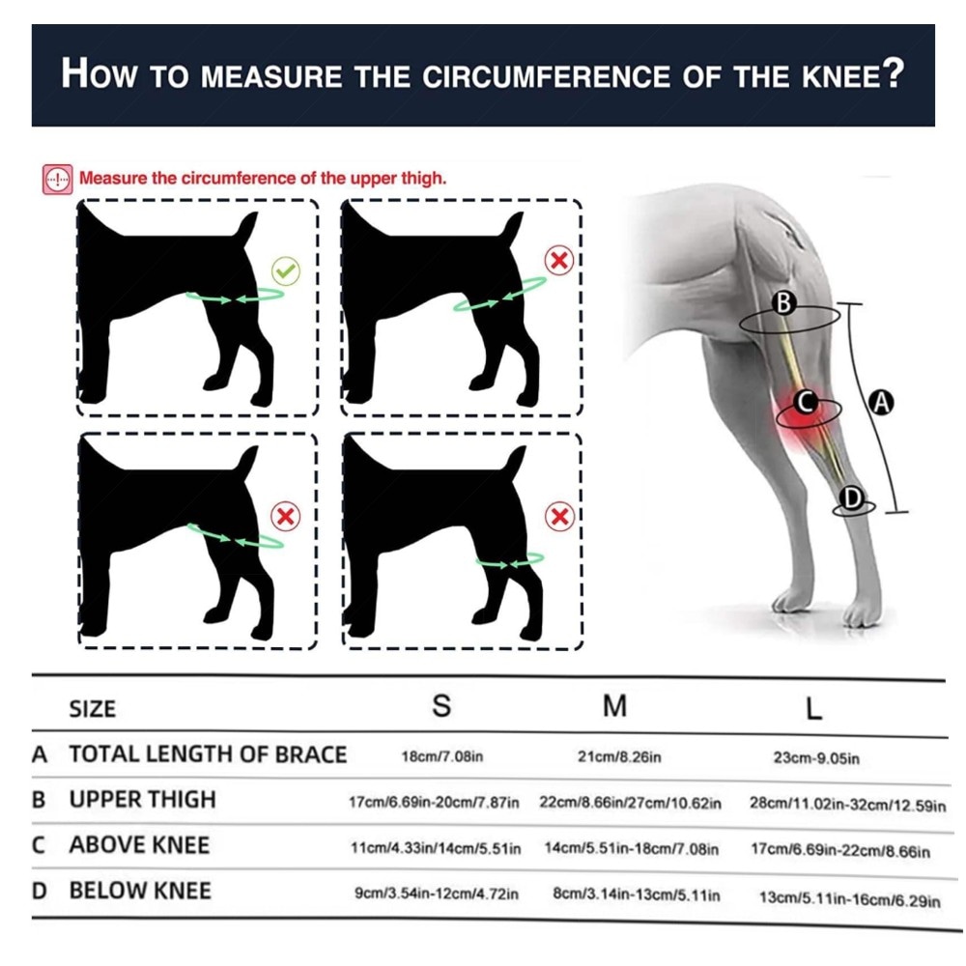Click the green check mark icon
click(286, 270)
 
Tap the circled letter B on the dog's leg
click(783, 302)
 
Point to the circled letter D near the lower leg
click(852, 497)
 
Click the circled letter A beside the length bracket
click(882, 402)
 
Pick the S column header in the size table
click(441, 705)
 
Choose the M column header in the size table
click(614, 706)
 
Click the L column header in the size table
click(813, 709)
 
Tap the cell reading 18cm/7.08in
click(442, 756)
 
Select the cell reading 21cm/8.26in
click(619, 756)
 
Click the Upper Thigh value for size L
click(847, 805)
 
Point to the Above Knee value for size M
click(632, 849)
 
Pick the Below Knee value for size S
click(437, 894)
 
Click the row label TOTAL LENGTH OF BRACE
click(208, 754)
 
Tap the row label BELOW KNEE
click(140, 891)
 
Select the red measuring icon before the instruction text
click(58, 180)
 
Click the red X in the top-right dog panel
click(559, 261)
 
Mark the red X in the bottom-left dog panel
click(286, 516)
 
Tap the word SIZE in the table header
click(93, 709)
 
